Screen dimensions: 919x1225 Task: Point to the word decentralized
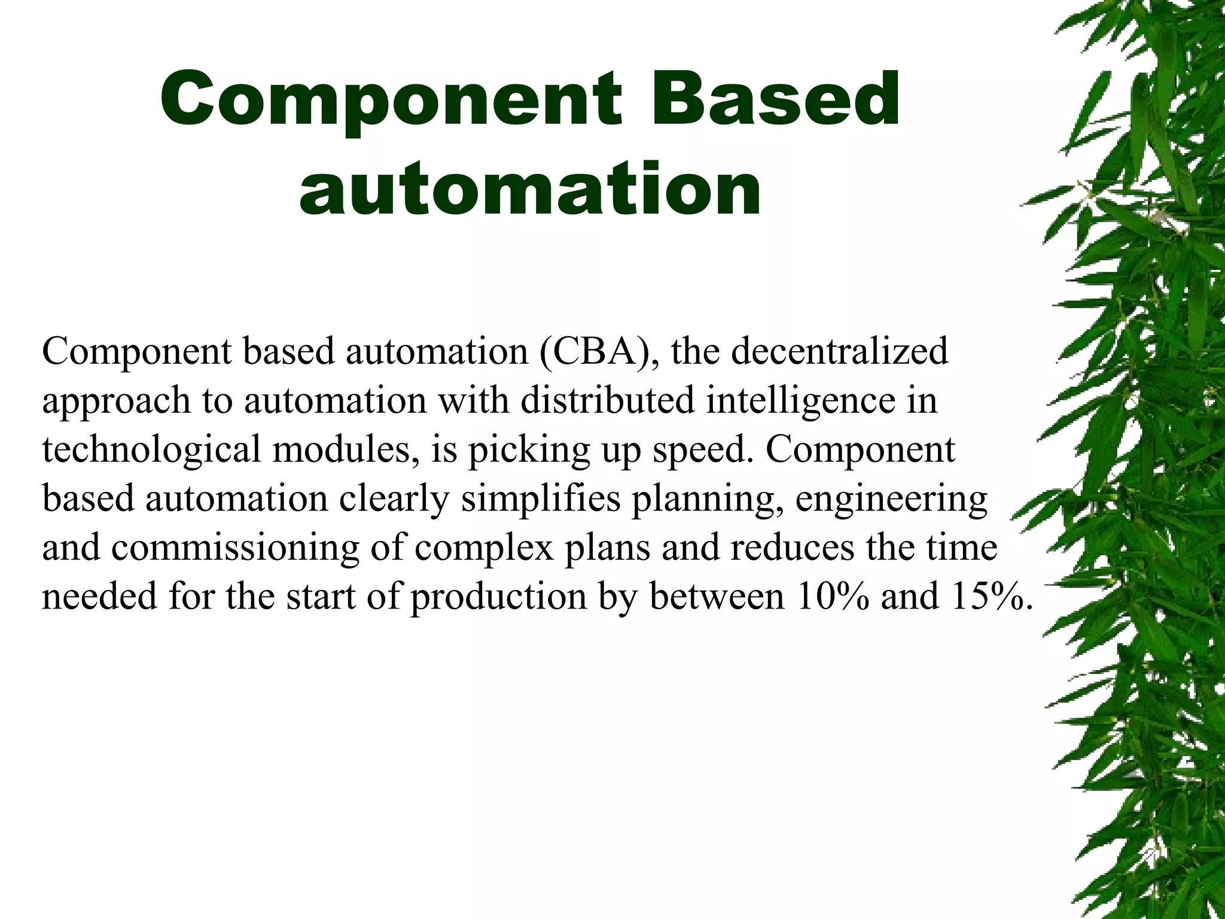pyautogui.click(x=839, y=351)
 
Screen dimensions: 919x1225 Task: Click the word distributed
pyautogui.click(x=607, y=400)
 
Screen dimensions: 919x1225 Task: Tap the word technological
pyautogui.click(x=151, y=451)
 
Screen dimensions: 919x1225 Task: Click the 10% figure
pyautogui.click(x=832, y=597)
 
